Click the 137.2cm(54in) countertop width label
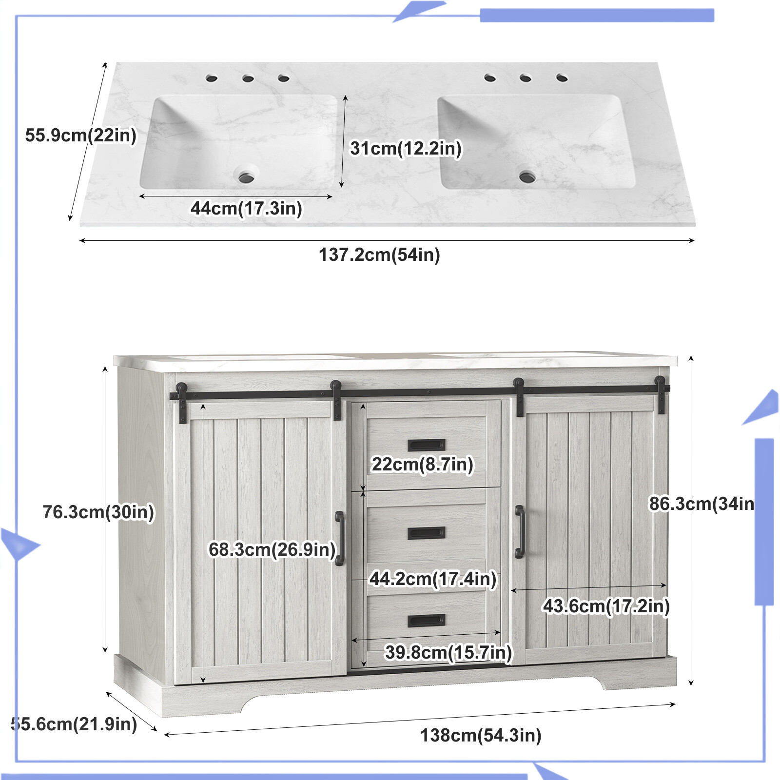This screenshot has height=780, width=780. [379, 254]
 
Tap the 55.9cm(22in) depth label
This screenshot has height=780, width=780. [81, 135]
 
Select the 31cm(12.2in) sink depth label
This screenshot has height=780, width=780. [406, 148]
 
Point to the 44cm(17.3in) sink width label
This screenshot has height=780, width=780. [246, 208]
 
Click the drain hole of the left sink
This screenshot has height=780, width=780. [247, 176]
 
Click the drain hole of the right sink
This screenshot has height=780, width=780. [527, 176]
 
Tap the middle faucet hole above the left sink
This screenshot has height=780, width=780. [248, 78]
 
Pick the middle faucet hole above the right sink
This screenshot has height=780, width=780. [525, 78]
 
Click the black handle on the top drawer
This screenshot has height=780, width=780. [426, 445]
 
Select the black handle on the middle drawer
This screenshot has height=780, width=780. [426, 533]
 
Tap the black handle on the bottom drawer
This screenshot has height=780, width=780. [426, 621]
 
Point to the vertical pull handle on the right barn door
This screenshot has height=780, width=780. [520, 531]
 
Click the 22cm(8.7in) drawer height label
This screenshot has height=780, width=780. [422, 464]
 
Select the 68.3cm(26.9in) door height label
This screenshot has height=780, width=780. [272, 549]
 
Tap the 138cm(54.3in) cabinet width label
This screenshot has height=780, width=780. [481, 735]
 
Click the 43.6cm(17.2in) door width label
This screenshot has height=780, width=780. [606, 606]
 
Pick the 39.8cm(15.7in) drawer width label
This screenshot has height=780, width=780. [448, 652]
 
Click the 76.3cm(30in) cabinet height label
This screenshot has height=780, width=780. [98, 512]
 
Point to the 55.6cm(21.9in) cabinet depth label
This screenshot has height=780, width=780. [74, 724]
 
